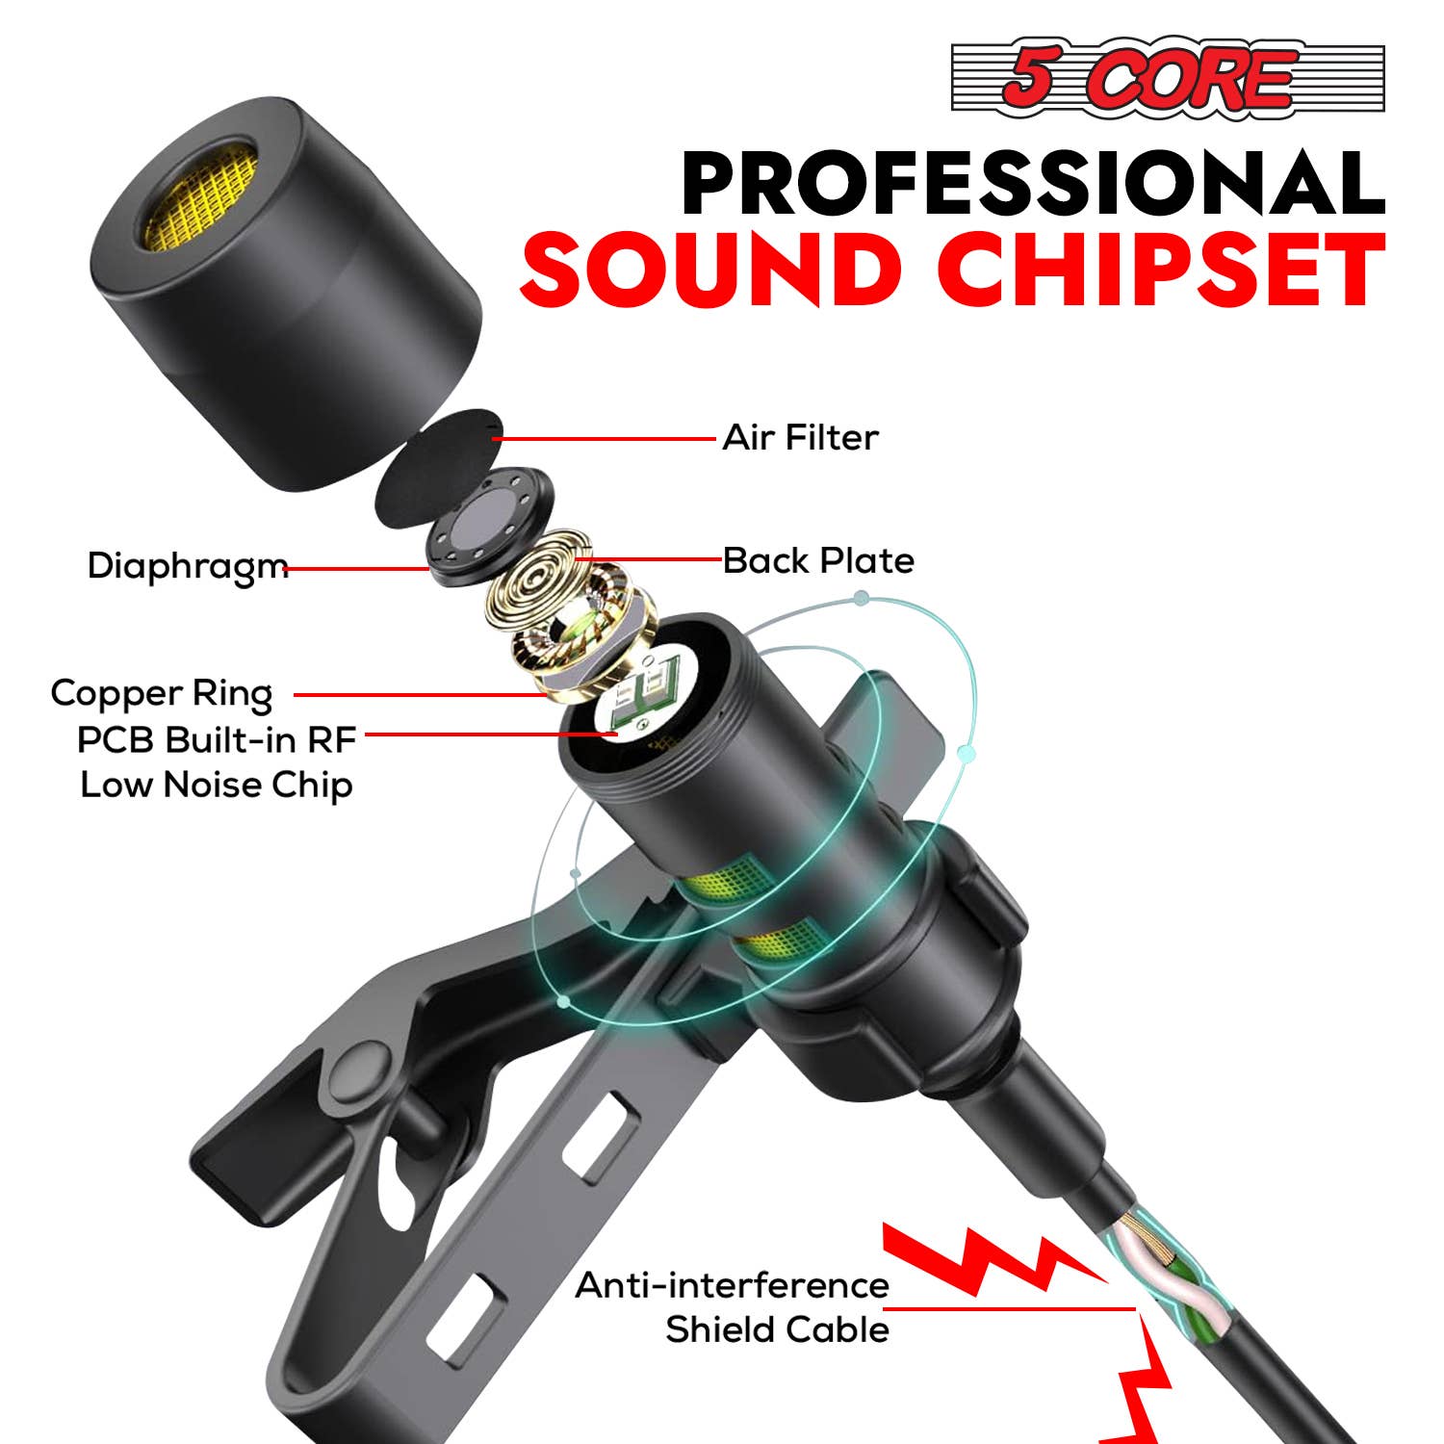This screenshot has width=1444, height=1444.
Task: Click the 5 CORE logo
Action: point(1167,78)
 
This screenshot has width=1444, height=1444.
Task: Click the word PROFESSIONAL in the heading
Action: point(1033,184)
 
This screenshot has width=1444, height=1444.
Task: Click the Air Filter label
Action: point(800,438)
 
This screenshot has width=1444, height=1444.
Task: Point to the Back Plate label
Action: point(818,560)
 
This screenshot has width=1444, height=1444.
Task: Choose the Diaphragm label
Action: point(187,567)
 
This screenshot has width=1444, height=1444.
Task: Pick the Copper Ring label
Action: point(162,693)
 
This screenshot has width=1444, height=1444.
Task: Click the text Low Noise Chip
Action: point(217,785)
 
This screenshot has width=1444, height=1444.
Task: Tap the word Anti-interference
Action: point(732,1285)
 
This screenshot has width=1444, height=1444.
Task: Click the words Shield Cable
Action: point(777,1329)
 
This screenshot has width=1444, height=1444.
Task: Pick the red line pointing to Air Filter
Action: point(606,439)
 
